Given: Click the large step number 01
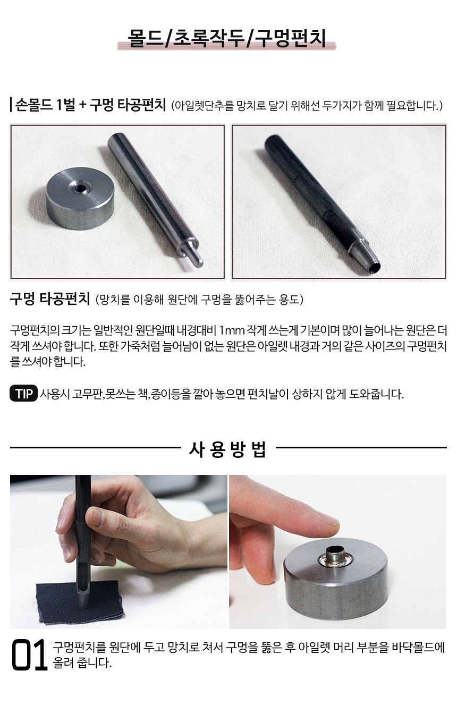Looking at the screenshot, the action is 29,655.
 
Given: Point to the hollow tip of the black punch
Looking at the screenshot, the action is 376,267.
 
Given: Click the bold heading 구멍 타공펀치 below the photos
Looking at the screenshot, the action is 50,299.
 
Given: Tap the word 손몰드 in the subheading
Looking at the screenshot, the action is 33,105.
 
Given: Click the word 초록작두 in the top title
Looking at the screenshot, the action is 208,38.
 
